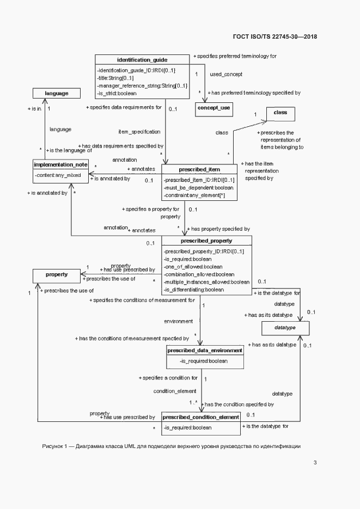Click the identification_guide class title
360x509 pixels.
tap(142, 59)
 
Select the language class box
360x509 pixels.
tap(57, 93)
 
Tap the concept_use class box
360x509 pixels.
tap(213, 108)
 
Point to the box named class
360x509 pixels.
tap(280, 114)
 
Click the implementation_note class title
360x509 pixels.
tap(60, 164)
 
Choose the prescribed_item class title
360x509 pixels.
tap(199, 169)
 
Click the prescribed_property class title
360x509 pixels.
tap(206, 240)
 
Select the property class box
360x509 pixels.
tap(57, 275)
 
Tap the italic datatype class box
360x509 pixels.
tap(285, 328)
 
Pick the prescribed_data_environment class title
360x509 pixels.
tap(205, 350)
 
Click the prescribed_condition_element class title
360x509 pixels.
tap(201, 416)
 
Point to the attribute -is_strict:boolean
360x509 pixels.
tap(117, 93)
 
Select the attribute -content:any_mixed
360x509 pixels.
tap(57, 175)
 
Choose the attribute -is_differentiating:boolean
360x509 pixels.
tap(193, 290)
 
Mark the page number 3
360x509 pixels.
tap(315, 463)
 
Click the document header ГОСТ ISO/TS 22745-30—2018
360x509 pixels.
tap(275, 36)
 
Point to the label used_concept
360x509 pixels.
tap(225, 74)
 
